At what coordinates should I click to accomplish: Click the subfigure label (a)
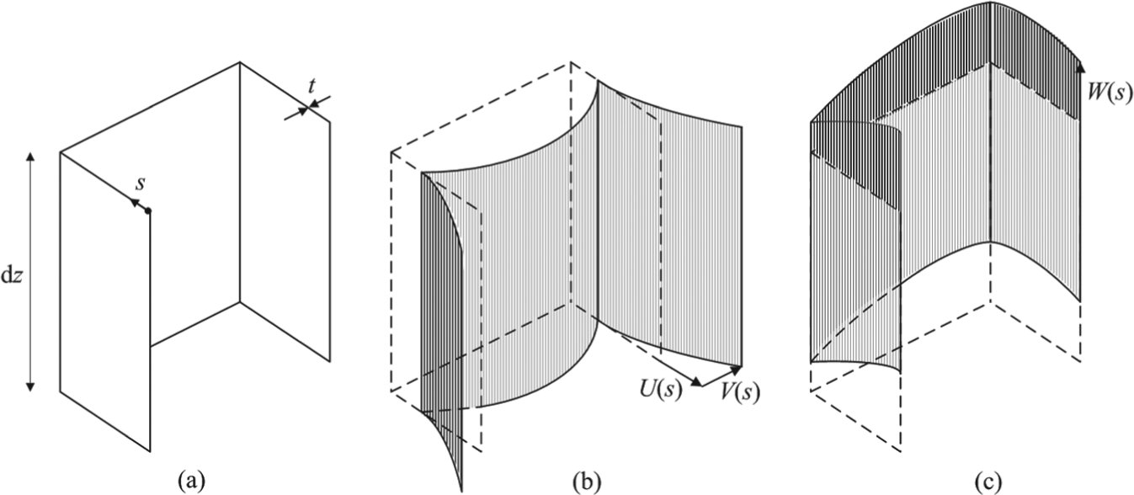click(191, 481)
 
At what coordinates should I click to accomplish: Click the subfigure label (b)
click(587, 481)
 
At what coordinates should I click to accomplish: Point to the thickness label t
click(311, 87)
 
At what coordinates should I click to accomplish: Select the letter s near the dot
click(141, 184)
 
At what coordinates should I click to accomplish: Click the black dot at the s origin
click(148, 211)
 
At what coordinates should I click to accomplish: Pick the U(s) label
click(660, 389)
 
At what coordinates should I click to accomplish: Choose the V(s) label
click(740, 391)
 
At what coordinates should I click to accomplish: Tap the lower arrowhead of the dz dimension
click(30, 386)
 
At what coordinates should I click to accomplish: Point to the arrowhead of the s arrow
click(135, 202)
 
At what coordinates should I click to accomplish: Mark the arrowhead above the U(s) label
click(696, 382)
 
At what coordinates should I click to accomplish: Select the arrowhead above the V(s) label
click(737, 370)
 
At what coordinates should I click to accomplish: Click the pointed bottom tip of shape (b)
click(461, 491)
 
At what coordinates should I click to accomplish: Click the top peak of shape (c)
click(991, 3)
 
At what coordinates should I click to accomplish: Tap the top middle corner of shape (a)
click(240, 62)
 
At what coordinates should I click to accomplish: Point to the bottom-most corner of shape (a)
click(151, 451)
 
